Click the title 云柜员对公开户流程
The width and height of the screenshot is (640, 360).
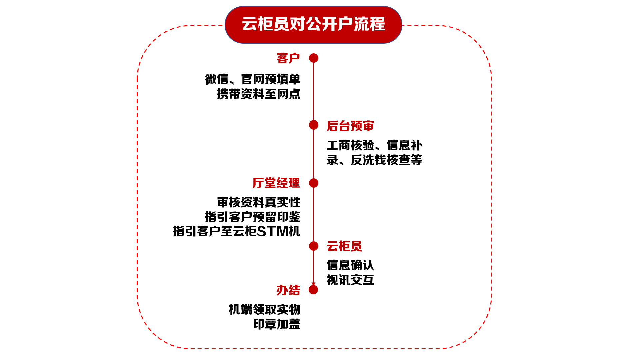[313, 24]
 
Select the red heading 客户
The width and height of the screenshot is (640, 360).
[288, 58]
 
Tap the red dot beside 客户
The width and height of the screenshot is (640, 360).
[314, 58]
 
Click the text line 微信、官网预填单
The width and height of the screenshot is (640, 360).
[253, 79]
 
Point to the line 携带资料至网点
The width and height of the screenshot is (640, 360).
[259, 94]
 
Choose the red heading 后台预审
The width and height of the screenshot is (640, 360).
[350, 126]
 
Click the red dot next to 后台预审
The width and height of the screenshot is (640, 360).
[314, 125]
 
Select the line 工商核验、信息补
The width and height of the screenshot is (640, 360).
[374, 145]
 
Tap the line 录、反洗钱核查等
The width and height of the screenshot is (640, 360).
[374, 160]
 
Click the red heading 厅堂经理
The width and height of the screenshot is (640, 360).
[276, 183]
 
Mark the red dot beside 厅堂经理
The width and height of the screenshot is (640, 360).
[314, 183]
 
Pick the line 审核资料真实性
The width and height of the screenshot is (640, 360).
[259, 202]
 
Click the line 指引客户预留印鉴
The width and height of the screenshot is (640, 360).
[253, 217]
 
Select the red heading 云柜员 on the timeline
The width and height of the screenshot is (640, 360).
[344, 246]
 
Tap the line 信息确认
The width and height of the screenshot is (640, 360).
[350, 265]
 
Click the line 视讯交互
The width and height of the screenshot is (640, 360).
[350, 280]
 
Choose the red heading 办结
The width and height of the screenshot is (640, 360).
[288, 290]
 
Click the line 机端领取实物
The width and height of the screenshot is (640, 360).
[265, 310]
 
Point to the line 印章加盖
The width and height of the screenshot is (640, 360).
[277, 324]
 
